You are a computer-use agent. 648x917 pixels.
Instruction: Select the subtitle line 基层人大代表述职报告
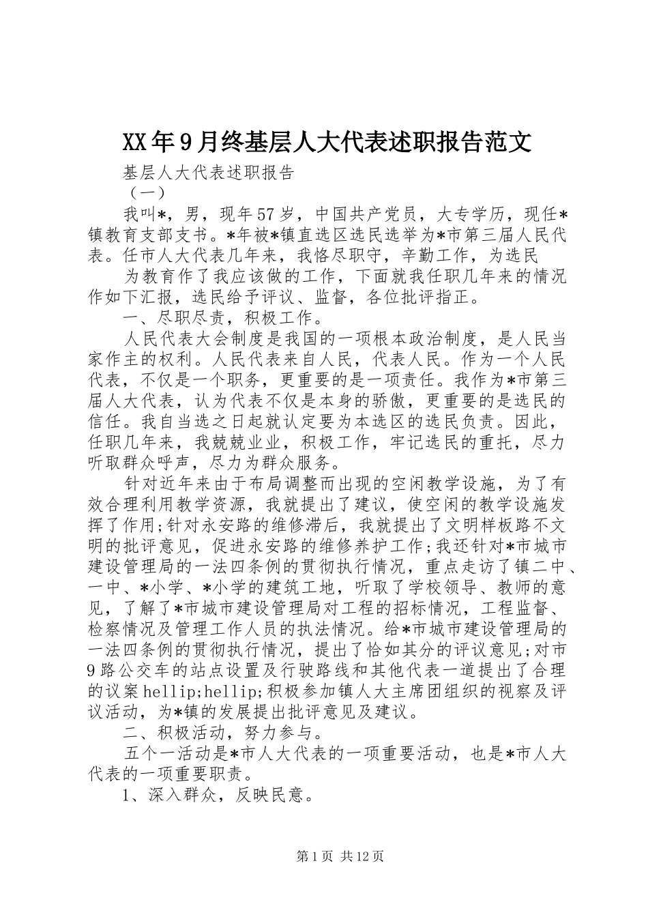coord(209,172)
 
